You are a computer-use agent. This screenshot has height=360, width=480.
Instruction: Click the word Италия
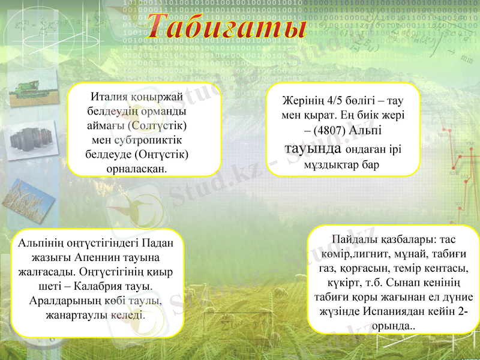click(109, 98)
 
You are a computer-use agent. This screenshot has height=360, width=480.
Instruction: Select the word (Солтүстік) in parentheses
click(158, 126)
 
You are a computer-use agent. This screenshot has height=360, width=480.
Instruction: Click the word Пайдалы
click(352, 239)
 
